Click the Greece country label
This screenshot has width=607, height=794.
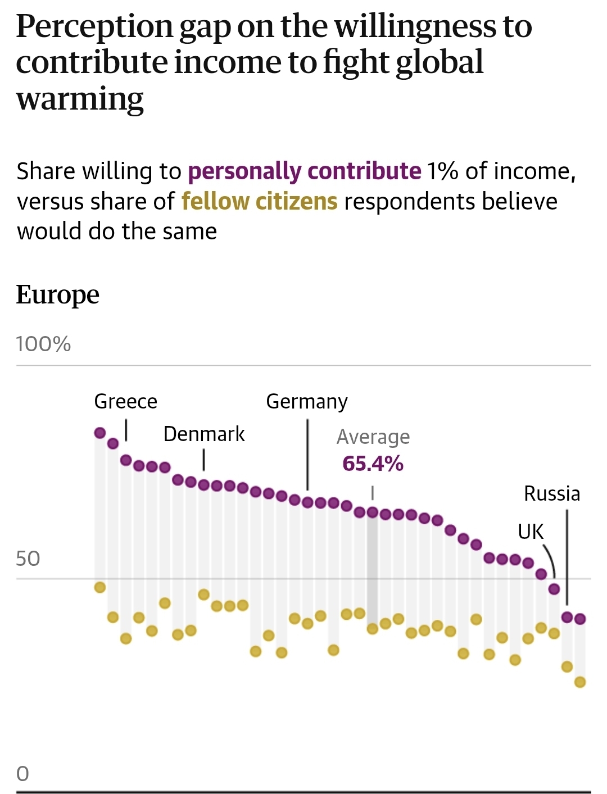click(x=125, y=401)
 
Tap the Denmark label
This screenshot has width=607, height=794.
click(x=204, y=434)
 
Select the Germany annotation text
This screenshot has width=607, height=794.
click(x=307, y=401)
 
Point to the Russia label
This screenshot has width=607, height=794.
click(x=552, y=493)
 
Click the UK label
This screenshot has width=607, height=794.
click(x=531, y=531)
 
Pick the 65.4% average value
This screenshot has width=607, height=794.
click(x=373, y=464)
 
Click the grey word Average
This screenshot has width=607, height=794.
click(x=373, y=437)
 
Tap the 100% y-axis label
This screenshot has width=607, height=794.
click(x=43, y=344)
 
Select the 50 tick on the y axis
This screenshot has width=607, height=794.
click(x=28, y=559)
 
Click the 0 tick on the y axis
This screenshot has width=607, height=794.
click(x=22, y=774)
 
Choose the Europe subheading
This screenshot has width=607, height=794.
click(x=57, y=294)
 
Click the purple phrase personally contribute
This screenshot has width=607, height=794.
click(x=304, y=171)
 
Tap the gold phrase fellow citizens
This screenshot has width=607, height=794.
click(x=259, y=201)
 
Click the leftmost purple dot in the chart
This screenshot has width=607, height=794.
click(x=100, y=433)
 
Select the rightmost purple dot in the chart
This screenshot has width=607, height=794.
click(x=580, y=619)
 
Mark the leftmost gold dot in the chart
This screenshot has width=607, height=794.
click(x=100, y=587)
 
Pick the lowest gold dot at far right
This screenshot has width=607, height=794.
click(x=580, y=682)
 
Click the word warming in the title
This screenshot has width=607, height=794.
click(x=80, y=99)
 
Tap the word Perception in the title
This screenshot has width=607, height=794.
click(x=94, y=26)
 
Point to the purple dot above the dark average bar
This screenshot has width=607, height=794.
click(x=373, y=512)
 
